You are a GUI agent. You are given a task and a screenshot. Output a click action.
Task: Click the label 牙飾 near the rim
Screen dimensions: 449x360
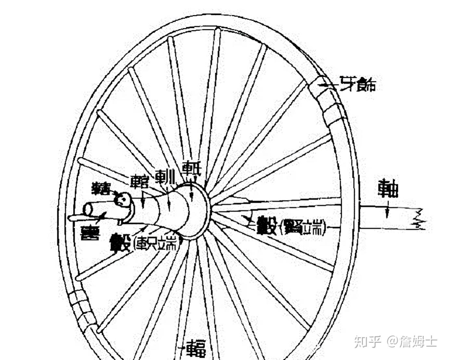358,85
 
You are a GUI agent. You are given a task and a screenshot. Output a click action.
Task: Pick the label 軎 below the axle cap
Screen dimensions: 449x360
90,232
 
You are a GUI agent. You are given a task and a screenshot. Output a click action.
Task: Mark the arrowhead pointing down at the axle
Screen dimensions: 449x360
387,215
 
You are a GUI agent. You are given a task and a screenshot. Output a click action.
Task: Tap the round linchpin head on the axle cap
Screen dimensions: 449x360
123,199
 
